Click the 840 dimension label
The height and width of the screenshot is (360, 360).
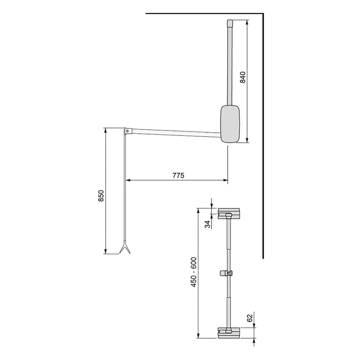click(x=243, y=78)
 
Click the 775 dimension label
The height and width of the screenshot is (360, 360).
click(x=178, y=175)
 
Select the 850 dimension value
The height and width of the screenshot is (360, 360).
click(x=101, y=197)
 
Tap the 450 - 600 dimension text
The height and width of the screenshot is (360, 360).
click(x=194, y=273)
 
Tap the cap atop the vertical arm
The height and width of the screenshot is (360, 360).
click(x=229, y=22)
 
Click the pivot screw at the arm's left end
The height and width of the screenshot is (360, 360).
click(x=128, y=131)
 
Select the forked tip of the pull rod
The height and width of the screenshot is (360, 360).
click(x=124, y=248)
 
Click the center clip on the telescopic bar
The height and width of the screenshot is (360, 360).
click(x=228, y=273)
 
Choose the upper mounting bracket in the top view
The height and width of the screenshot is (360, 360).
click(x=229, y=213)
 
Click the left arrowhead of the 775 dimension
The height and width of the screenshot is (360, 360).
click(x=127, y=181)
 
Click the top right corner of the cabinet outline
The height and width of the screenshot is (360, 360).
click(x=262, y=14)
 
